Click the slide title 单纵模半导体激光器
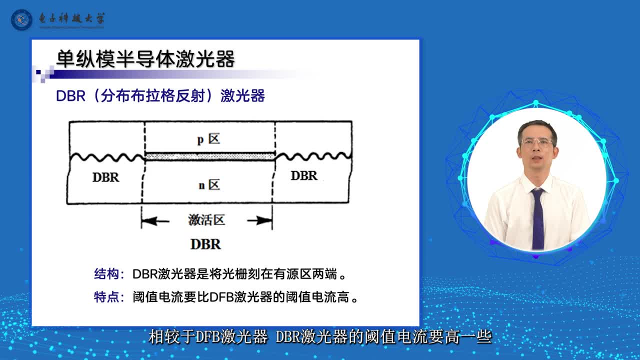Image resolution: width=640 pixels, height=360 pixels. (x=145, y=59)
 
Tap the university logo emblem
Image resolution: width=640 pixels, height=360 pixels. (x=21, y=19)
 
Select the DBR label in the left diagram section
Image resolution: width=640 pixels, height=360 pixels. (x=105, y=177)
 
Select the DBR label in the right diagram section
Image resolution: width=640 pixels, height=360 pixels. (x=304, y=175)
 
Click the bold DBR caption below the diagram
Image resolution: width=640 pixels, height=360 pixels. (x=205, y=244)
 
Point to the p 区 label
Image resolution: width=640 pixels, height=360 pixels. (x=209, y=139)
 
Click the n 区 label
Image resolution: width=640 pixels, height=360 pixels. (x=209, y=185)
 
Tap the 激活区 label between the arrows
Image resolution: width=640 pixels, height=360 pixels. (x=206, y=220)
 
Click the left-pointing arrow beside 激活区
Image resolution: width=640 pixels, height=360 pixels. (x=155, y=221)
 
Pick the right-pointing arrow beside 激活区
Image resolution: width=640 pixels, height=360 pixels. (x=259, y=220)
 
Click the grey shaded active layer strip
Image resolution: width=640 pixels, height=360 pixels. (x=210, y=156)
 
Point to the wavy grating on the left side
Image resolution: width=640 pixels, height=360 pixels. (x=107, y=157)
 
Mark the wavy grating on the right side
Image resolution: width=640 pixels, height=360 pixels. (x=313, y=156)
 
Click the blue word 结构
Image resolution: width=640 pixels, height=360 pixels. (x=106, y=273)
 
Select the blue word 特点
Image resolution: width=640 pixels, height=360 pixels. (x=106, y=297)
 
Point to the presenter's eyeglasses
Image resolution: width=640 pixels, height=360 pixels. (x=537, y=142)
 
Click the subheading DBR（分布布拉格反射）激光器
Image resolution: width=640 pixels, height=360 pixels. (x=160, y=95)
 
